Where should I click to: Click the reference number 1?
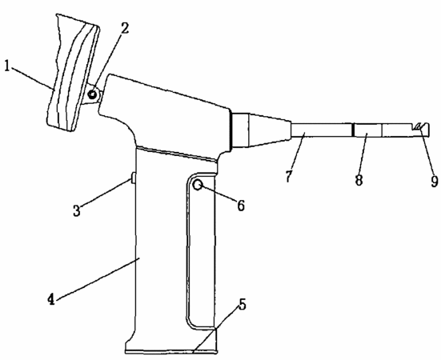pyautogui.click(x=7, y=66)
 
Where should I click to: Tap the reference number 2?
pyautogui.click(x=125, y=28)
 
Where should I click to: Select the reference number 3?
pyautogui.click(x=77, y=210)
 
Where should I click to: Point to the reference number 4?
pyautogui.click(x=51, y=299)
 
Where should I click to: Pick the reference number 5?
pyautogui.click(x=242, y=304)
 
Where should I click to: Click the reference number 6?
pyautogui.click(x=241, y=206)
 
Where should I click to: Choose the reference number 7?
pyautogui.click(x=289, y=177)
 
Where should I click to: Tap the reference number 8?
pyautogui.click(x=359, y=180)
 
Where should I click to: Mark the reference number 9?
pyautogui.click(x=435, y=182)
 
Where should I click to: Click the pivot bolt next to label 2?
pyautogui.click(x=92, y=94)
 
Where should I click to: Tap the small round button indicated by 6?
pyautogui.click(x=198, y=185)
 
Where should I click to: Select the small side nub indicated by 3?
pyautogui.click(x=134, y=178)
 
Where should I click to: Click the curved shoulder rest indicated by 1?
pyautogui.click(x=73, y=74)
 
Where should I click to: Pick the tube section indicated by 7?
pyautogui.click(x=321, y=130)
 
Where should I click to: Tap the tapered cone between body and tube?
pyautogui.click(x=270, y=130)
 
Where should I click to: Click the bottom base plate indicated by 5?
pyautogui.click(x=171, y=351)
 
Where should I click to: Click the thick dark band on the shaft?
pyautogui.click(x=352, y=130)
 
